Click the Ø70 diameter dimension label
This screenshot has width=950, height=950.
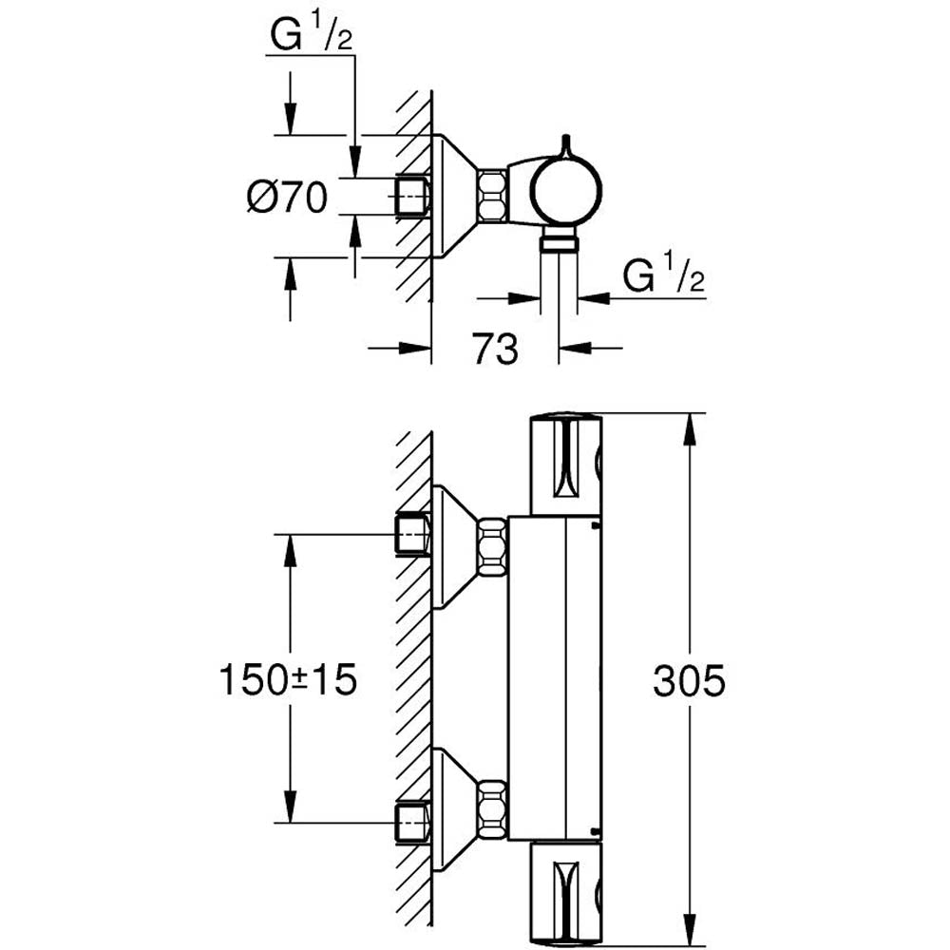[287, 198]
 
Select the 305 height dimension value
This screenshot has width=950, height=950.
[691, 680]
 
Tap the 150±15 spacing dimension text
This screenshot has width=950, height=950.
[288, 680]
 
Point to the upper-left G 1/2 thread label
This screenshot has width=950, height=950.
[310, 37]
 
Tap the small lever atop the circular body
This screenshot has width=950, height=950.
[566, 145]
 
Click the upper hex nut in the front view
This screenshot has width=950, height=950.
[493, 545]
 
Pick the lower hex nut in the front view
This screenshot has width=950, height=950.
[493, 808]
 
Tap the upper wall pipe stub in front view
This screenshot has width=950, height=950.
[412, 534]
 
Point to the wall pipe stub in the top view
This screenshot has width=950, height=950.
[412, 196]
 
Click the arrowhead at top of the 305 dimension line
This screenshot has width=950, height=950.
[691, 423]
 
